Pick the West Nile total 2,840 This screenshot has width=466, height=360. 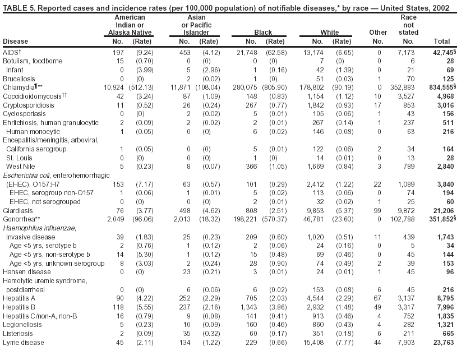pyautogui.click(x=444, y=167)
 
